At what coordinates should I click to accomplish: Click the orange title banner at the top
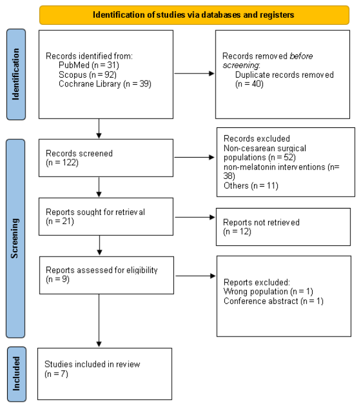tap(194, 15)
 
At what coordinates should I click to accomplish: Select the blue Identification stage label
tap(16, 74)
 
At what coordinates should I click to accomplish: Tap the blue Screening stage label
tap(15, 238)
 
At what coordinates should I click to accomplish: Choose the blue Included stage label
tap(17, 374)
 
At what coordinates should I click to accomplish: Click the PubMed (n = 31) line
tap(89, 65)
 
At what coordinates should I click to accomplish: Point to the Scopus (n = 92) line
tap(88, 75)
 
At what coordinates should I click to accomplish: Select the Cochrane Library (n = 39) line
tap(105, 84)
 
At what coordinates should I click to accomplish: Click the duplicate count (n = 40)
tap(249, 84)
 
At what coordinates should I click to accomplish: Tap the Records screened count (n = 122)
tap(62, 163)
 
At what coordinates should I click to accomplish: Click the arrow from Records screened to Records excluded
tap(194, 158)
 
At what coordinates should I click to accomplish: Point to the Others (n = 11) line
tap(251, 186)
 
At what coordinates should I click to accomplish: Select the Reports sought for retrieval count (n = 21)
tap(60, 222)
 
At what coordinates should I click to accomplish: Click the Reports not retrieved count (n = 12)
tap(237, 232)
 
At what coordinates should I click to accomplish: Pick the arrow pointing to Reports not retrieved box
tap(195, 217)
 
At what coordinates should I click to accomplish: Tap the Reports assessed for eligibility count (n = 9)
tap(57, 279)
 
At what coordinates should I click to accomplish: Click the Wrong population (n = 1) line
tap(268, 291)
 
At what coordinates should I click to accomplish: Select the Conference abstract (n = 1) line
tap(274, 301)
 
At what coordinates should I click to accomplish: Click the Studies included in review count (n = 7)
tap(56, 374)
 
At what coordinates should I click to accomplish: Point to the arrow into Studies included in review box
tap(99, 321)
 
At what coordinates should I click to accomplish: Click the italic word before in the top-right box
tap(301, 56)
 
